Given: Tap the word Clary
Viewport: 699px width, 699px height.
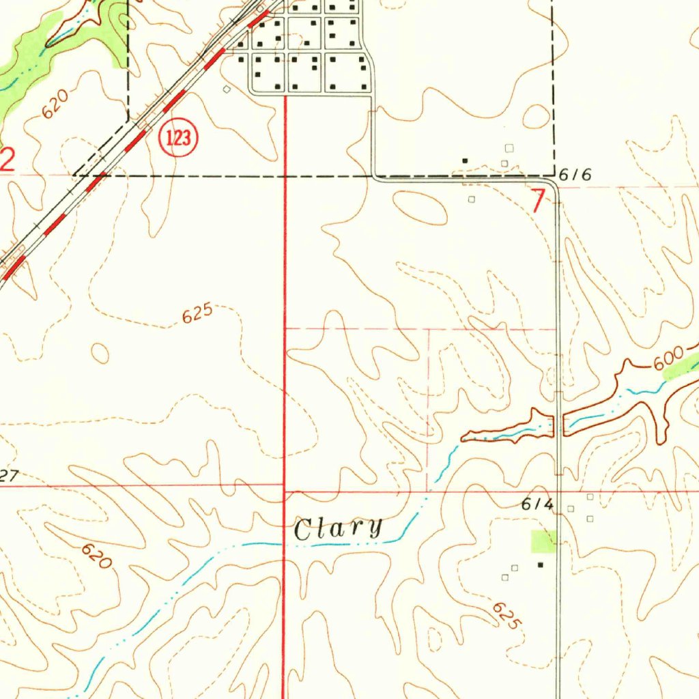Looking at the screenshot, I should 338,529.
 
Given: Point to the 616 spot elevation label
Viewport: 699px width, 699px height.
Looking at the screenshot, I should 574,175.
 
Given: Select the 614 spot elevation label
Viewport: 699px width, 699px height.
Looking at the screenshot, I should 537,504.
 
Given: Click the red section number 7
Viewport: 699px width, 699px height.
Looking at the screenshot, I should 539,201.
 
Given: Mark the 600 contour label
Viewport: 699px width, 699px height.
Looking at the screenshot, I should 668,359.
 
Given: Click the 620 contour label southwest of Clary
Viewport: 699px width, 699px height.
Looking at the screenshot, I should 95,556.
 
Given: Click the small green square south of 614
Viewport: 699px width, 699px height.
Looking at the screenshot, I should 544,541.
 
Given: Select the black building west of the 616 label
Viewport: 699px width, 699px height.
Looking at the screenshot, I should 466,160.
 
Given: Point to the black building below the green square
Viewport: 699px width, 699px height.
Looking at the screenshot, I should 541,565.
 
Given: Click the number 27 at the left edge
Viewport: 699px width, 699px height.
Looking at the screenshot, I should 8,476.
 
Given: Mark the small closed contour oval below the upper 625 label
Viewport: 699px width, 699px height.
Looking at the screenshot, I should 100,354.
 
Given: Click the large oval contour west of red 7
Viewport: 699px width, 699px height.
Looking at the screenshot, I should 419,208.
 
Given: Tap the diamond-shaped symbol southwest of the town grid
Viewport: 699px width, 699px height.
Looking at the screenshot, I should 227,89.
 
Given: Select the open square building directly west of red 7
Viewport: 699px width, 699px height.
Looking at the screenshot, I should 471,199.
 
